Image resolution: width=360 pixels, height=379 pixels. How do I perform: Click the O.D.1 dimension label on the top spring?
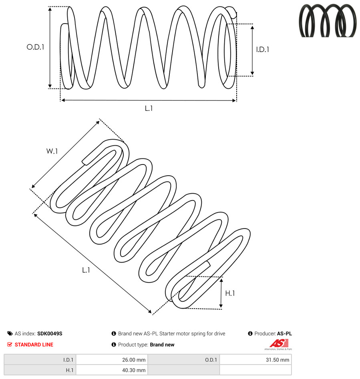[35, 47]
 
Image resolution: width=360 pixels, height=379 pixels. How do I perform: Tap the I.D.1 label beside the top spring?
[263, 50]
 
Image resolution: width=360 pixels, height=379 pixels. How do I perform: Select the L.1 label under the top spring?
[149, 108]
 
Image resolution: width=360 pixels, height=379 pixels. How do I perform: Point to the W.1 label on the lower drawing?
[52, 151]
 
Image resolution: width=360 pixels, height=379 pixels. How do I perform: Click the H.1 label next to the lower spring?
[230, 293]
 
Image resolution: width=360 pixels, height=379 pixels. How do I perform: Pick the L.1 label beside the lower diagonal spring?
[86, 270]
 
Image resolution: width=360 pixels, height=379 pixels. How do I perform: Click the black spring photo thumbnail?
[328, 20]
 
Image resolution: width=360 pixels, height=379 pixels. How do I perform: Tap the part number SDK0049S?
[50, 333]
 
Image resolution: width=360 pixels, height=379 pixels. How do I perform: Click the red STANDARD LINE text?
[34, 345]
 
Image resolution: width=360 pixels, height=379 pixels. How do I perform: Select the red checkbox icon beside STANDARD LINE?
[10, 345]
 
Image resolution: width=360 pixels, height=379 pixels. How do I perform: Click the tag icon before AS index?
[10, 333]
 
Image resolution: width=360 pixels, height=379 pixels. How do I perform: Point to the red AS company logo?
[279, 344]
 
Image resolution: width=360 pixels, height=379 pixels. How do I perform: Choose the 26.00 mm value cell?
[112, 360]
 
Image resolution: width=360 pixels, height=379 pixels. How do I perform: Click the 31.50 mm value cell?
[255, 360]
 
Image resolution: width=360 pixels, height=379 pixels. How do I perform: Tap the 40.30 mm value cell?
[112, 370]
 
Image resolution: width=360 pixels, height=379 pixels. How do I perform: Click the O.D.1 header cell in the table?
[183, 360]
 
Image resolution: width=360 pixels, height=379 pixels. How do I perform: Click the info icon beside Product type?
[114, 345]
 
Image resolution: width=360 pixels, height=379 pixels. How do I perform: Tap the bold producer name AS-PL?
[284, 333]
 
